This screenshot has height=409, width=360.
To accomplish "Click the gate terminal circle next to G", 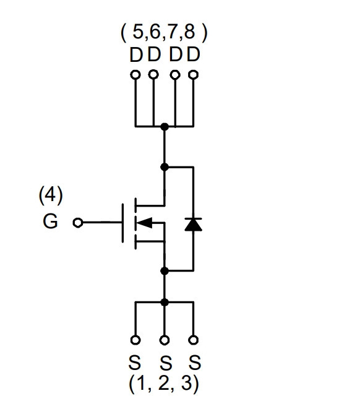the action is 78,223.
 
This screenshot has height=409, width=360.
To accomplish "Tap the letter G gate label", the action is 50,221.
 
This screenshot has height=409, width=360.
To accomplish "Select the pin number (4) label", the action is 51,195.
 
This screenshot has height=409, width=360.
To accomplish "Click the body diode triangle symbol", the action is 193,225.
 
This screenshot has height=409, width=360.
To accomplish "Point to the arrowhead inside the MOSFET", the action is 144,223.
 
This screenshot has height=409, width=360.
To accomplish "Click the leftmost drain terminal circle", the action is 135,75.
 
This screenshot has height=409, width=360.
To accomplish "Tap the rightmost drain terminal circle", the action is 193,75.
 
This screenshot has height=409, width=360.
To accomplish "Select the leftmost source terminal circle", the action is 135,340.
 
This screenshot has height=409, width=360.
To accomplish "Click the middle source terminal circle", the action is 165,340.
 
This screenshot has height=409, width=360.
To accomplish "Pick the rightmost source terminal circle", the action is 193,340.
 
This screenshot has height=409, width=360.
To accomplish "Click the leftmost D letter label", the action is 136,54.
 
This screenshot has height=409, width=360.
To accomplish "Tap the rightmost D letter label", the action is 194,54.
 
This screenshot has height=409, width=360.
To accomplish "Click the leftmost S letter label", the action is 135,363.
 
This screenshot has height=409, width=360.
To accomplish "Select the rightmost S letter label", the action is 195,363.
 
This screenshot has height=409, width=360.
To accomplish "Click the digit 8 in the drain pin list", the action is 189,32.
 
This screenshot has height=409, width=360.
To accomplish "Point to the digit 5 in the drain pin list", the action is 138,32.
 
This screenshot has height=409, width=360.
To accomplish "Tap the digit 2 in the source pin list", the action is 164,382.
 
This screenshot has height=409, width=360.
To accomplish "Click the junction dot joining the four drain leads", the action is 165,127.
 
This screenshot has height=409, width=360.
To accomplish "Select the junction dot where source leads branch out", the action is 165,303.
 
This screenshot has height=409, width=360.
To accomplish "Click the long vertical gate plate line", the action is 122,223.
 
